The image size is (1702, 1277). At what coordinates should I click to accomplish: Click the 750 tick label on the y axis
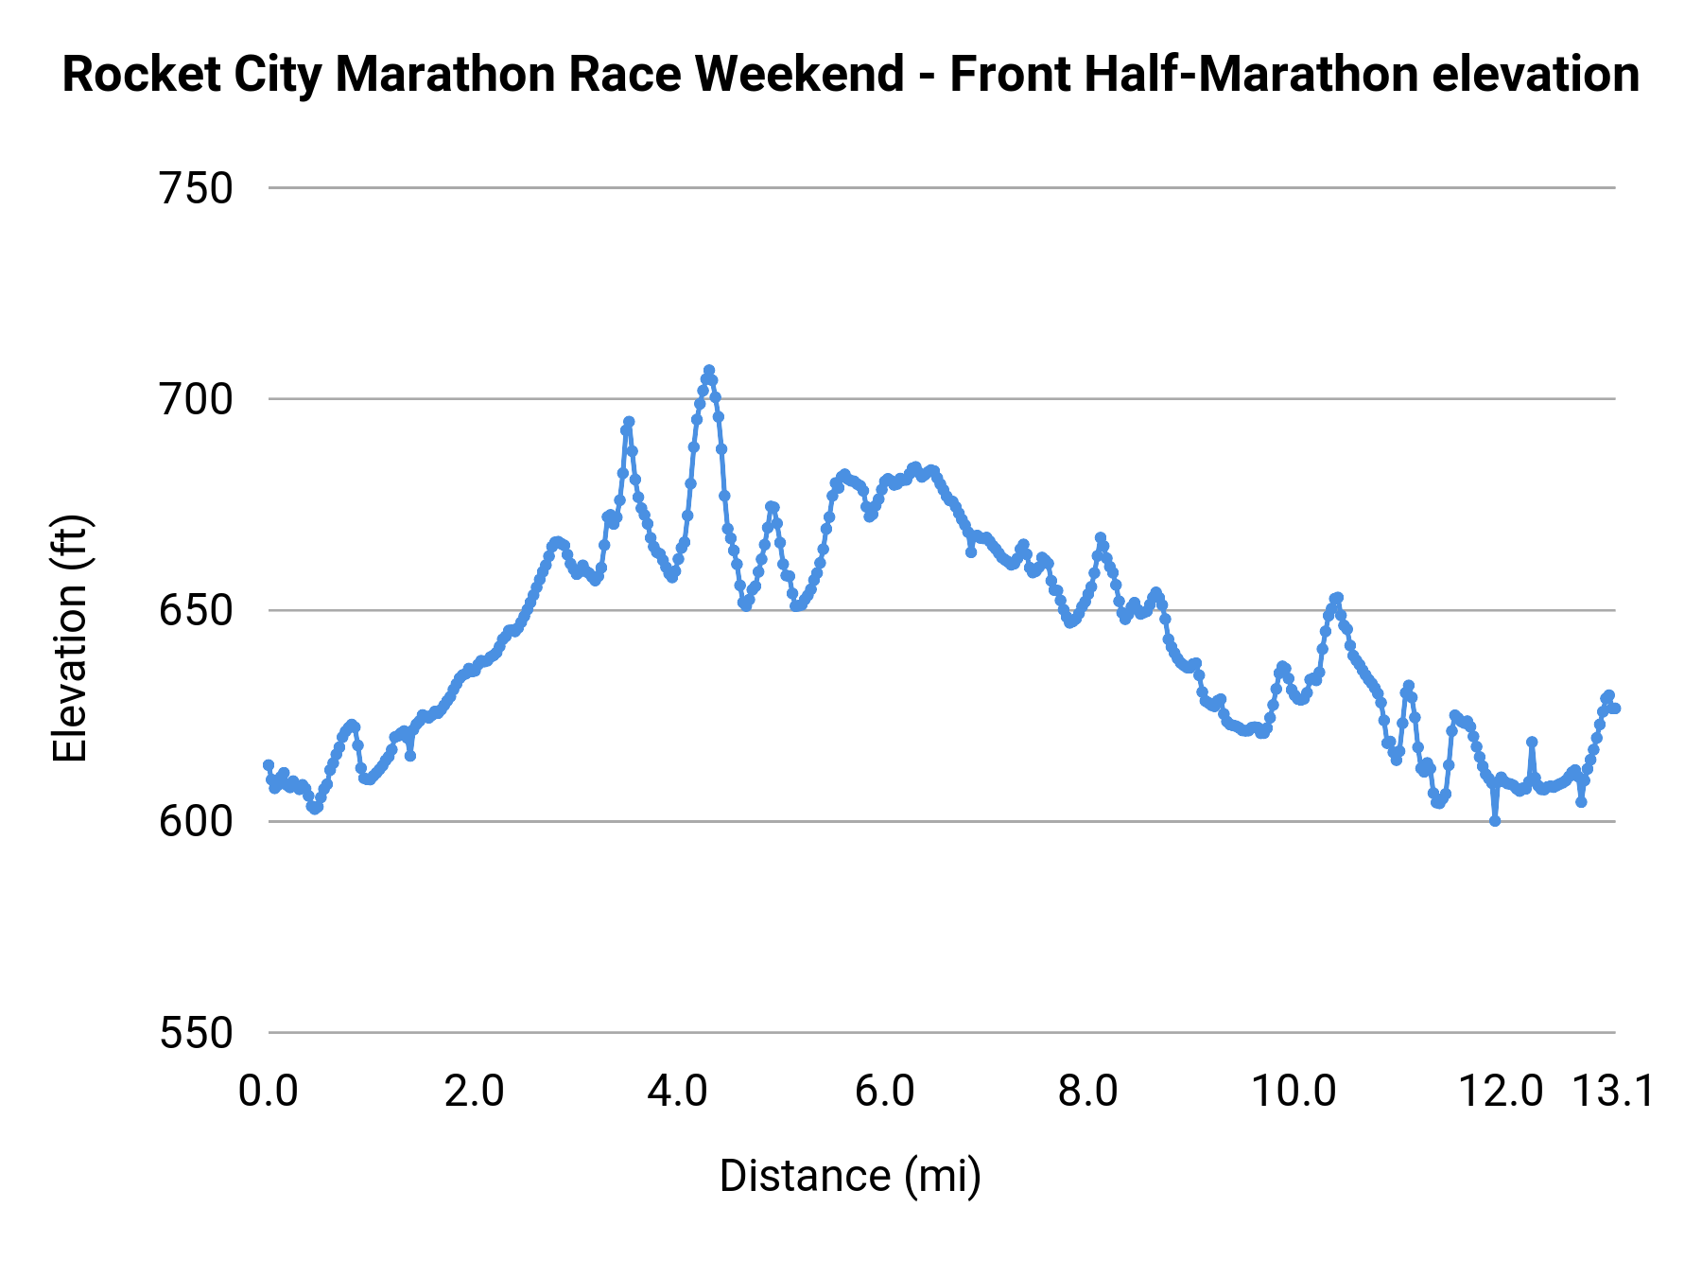coord(196,189)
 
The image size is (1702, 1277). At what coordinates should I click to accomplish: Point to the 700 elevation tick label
coord(196,400)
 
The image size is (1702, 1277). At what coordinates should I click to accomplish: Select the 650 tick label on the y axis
coord(196,611)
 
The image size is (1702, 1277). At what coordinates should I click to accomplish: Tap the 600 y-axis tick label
coord(196,822)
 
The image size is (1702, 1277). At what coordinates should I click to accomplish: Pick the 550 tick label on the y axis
coord(196,1033)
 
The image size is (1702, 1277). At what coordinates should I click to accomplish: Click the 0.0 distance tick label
coord(268,1092)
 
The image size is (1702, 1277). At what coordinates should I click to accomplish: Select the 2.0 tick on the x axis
coord(474,1092)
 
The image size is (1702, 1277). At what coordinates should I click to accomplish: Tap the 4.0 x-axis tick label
coord(678,1092)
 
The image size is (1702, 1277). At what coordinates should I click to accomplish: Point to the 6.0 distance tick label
coord(884,1092)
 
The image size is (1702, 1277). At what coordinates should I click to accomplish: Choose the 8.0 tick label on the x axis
coord(1088,1092)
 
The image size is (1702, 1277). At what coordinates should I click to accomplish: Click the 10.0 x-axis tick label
coord(1294,1092)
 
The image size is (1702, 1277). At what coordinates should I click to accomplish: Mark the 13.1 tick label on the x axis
coord(1613,1092)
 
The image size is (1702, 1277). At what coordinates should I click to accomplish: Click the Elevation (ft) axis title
coord(70,638)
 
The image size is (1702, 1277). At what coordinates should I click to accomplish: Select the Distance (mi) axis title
coord(850,1177)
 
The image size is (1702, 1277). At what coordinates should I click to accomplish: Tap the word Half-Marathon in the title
coord(1185,76)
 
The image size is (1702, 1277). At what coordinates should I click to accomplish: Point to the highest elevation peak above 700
coord(708,371)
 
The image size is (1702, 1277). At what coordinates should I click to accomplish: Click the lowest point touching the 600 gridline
coord(1495,821)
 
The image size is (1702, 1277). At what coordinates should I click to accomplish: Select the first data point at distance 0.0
coord(269,764)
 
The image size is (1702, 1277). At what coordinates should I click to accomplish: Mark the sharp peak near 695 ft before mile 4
coord(629,422)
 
